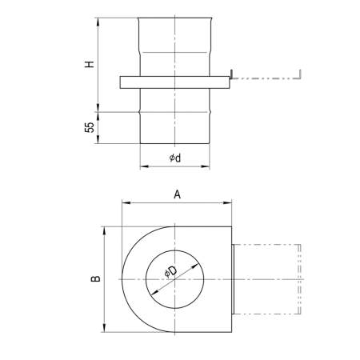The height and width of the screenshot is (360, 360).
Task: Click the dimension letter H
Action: point(90,64)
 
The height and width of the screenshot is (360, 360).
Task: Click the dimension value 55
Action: point(90,127)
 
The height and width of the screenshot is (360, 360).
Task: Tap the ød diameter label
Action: point(175,158)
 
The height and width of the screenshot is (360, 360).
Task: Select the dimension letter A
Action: point(177,194)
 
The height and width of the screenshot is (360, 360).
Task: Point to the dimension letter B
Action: point(95,278)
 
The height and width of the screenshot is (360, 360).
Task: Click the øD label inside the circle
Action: point(170,271)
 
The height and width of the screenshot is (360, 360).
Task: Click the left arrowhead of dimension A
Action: point(126,203)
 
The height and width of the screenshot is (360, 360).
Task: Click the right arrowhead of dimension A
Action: point(227,203)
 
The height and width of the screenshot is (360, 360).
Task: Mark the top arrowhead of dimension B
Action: point(104,231)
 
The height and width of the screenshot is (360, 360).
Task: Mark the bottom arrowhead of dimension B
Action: point(104,328)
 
